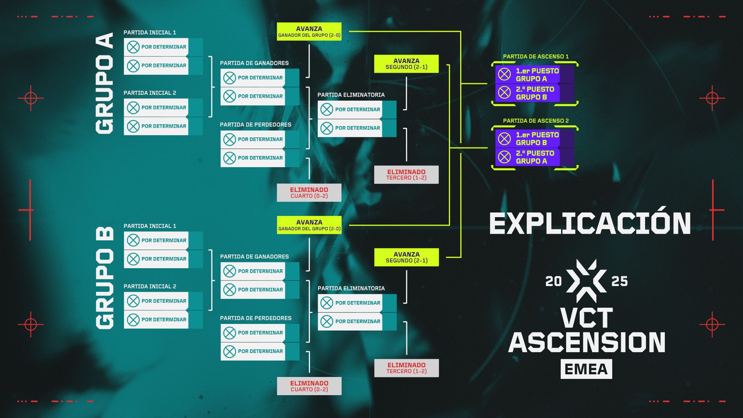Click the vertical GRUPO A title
click(x=104, y=83)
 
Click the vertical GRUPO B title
click(x=104, y=278)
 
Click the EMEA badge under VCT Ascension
click(x=586, y=369)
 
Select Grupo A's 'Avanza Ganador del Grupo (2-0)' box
click(x=309, y=32)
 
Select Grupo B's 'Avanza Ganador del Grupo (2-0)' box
click(x=309, y=225)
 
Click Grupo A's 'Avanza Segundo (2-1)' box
click(x=406, y=64)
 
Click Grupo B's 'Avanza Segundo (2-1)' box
click(x=406, y=257)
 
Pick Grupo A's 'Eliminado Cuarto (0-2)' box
click(x=309, y=193)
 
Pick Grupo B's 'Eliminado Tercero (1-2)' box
click(x=406, y=368)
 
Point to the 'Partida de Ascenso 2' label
click(x=536, y=121)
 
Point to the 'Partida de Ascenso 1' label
click(x=536, y=57)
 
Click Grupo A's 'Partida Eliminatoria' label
click(x=351, y=95)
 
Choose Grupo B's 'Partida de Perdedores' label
click(x=255, y=318)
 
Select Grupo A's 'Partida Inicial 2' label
click(x=150, y=93)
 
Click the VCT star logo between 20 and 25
click(x=586, y=281)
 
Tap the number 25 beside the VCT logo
click(x=619, y=281)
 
